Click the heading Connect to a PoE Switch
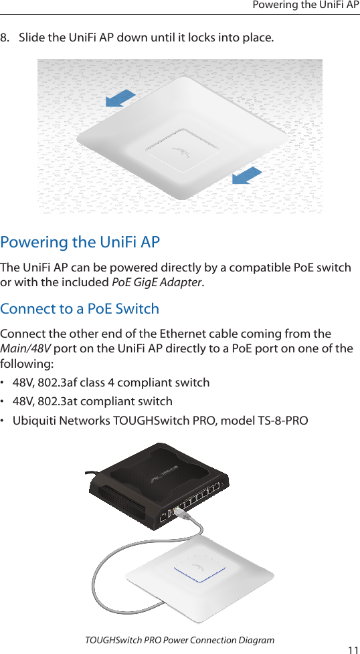click(80, 309)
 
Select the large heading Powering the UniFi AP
click(80, 241)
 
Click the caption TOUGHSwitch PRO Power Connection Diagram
click(180, 640)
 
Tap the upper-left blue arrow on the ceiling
click(121, 98)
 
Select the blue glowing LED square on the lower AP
click(199, 567)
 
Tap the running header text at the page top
click(306, 5)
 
